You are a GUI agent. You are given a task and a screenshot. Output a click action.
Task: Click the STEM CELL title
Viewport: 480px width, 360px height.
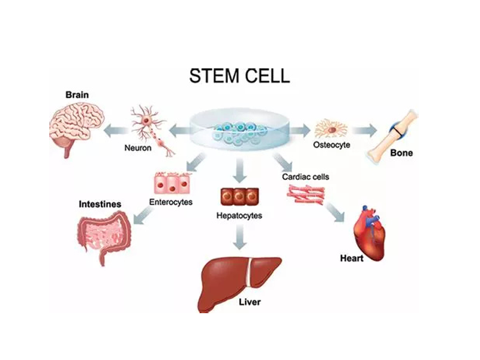[239, 76]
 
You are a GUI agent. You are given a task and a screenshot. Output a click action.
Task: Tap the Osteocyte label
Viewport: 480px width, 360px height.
[332, 145]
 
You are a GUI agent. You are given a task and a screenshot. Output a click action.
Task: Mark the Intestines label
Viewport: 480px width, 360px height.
[100, 205]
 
